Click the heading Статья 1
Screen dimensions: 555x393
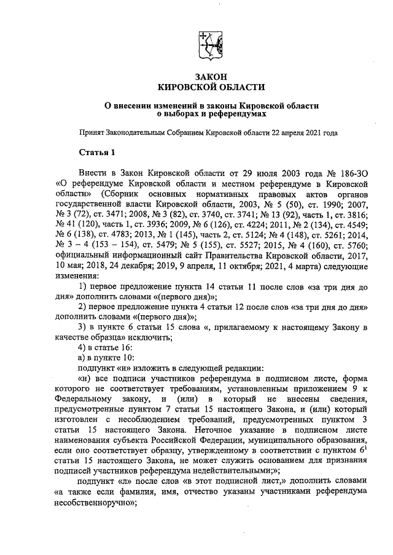point(96,151)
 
